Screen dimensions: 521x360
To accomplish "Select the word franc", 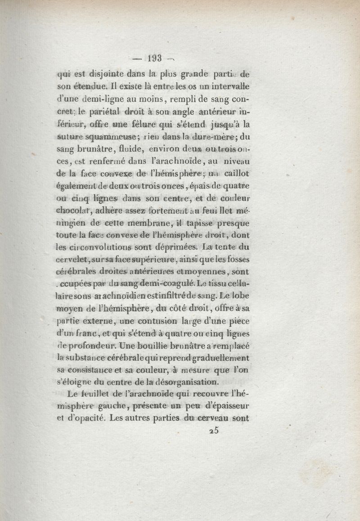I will tap(97, 333).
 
